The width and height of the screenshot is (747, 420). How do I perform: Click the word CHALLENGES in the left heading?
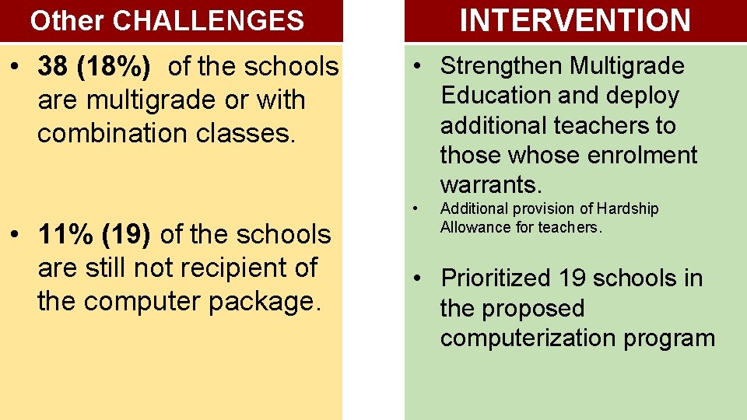point(209,21)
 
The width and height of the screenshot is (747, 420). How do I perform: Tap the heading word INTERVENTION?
point(575,20)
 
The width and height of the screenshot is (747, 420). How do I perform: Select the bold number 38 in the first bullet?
point(53,67)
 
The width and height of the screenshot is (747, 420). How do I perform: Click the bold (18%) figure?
point(117,67)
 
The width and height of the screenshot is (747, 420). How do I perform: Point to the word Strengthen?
point(501,66)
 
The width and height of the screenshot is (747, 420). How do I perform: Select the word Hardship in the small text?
point(628,208)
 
